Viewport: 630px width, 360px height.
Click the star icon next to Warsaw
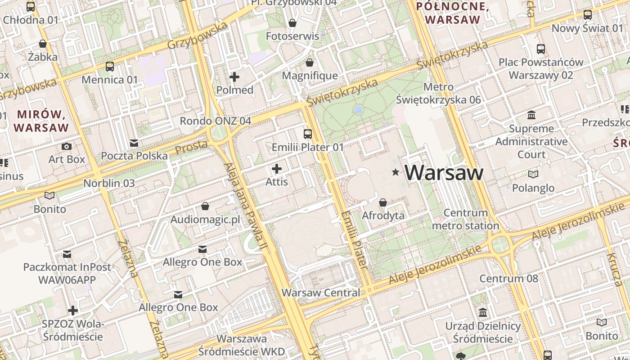396,172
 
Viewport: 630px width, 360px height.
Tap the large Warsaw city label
445,173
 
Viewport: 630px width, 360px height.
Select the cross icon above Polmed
234,76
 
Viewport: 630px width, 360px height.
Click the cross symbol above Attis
277,169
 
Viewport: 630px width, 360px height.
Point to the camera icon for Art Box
66,146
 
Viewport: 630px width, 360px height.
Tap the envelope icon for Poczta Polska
134,143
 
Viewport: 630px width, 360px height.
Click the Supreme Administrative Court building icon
531,115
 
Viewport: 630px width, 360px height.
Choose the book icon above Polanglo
533,174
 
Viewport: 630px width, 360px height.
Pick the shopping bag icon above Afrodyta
383,202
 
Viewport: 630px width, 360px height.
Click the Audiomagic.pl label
205,220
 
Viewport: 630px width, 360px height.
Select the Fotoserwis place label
292,36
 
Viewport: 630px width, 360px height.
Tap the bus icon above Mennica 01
110,67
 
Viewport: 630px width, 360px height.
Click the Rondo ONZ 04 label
216,121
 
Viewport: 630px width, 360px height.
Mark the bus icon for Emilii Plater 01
308,134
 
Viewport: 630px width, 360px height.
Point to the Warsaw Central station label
321,292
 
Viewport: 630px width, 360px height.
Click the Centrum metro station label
465,219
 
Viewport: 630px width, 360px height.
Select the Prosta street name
191,147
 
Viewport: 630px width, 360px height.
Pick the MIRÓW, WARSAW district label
41,121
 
